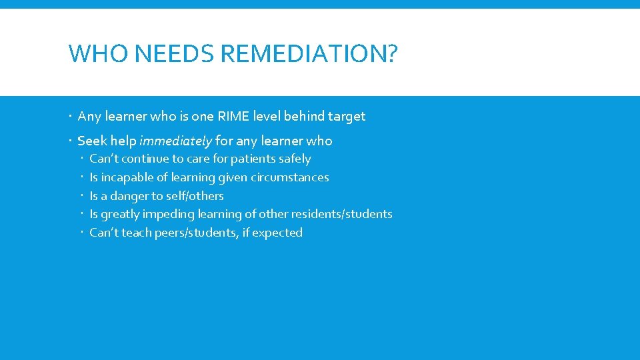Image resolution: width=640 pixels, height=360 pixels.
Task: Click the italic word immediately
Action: (176, 141)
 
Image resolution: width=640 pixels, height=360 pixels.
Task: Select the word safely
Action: (294, 159)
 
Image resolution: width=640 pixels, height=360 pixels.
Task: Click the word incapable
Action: (127, 177)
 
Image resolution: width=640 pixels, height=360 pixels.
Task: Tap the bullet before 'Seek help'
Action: (71, 141)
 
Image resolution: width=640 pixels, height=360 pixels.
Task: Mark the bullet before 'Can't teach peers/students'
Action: (83, 233)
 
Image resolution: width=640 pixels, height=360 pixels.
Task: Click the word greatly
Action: (121, 214)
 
